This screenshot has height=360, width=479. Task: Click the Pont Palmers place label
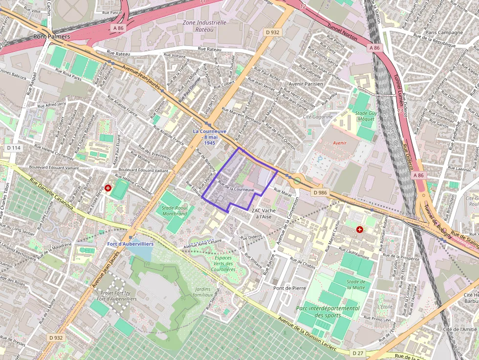pos(51,36)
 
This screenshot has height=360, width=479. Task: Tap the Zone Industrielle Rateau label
pos(204,26)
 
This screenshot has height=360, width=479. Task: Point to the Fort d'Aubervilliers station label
pos(131,244)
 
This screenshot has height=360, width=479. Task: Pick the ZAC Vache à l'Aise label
pos(264,213)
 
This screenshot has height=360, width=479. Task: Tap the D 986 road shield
pos(320,192)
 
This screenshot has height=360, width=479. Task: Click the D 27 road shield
pos(358,352)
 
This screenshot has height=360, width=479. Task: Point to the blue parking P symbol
pos(321,159)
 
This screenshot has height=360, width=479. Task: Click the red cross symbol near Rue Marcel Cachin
pos(360,229)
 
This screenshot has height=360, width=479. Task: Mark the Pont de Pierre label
pos(289,288)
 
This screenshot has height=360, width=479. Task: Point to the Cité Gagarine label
pos(318,117)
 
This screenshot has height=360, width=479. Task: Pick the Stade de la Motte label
pos(356,284)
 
